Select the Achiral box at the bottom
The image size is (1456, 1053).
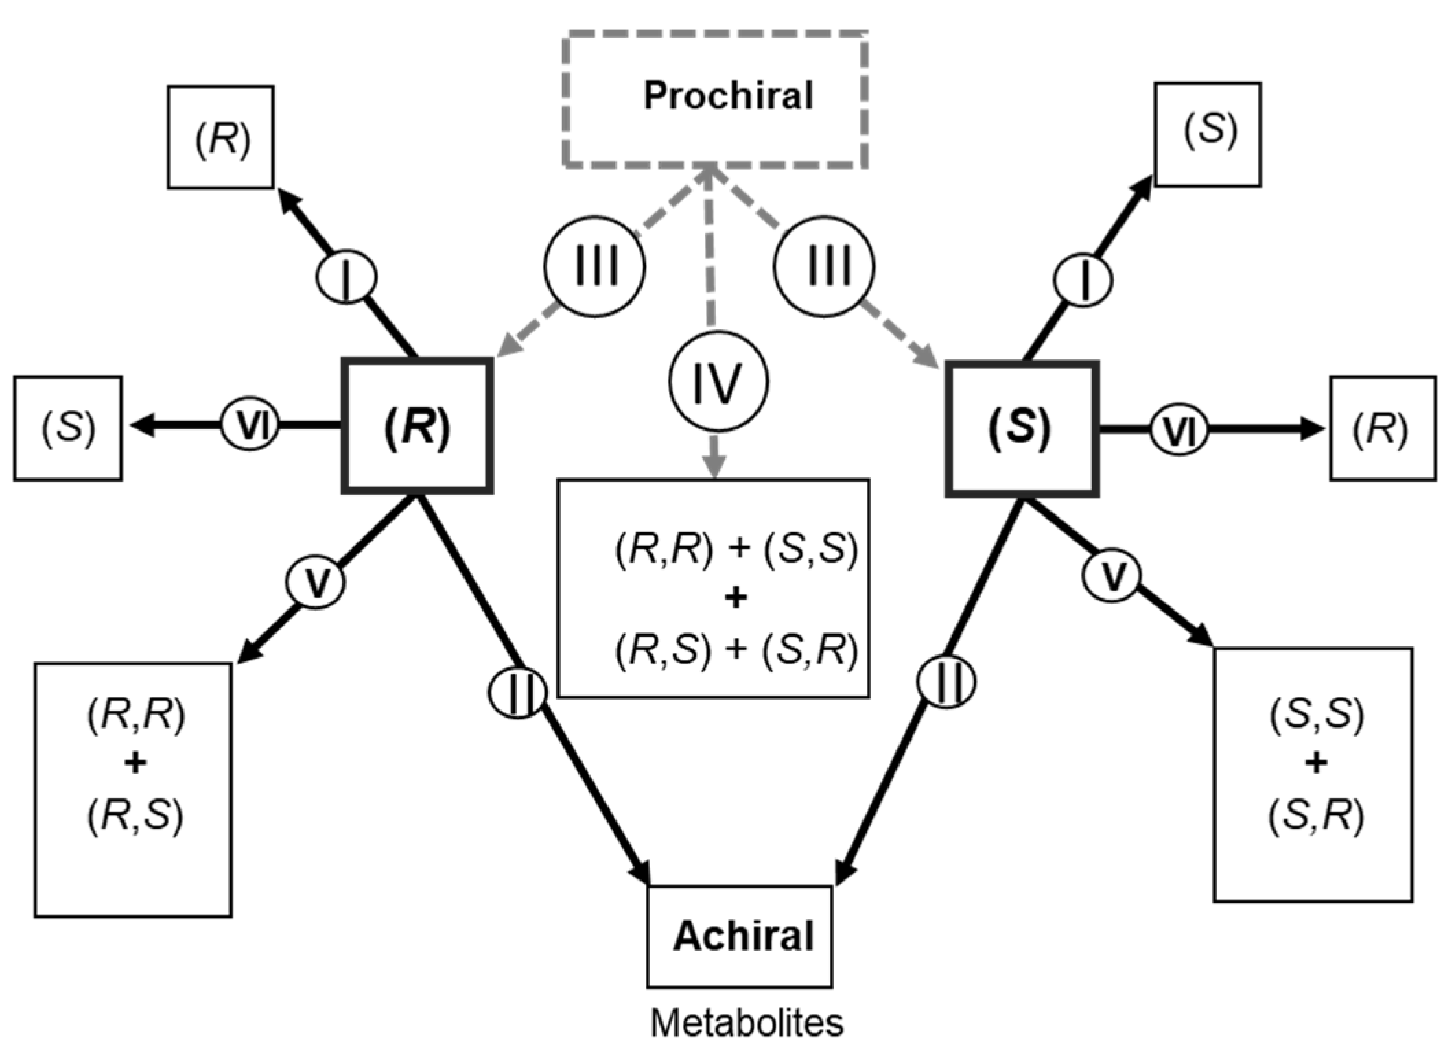point(739,936)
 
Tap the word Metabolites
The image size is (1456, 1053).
point(746,1023)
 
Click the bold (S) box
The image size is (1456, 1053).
point(1022,428)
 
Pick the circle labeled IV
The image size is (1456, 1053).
point(718,381)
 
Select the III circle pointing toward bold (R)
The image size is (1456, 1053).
point(594,266)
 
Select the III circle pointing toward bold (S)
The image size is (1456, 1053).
point(823,266)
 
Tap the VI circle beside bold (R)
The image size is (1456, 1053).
point(250,426)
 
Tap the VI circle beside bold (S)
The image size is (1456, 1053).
point(1179,429)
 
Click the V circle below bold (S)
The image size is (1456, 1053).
point(1112,575)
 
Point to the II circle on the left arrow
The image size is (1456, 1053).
point(518,692)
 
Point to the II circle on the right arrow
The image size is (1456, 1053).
point(947,682)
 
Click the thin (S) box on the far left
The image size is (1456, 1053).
point(68,427)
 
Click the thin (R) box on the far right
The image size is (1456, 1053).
point(1383,428)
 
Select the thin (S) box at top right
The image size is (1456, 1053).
point(1207,134)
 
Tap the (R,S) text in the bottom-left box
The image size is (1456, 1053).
point(135,816)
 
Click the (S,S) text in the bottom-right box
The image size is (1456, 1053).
point(1315,714)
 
